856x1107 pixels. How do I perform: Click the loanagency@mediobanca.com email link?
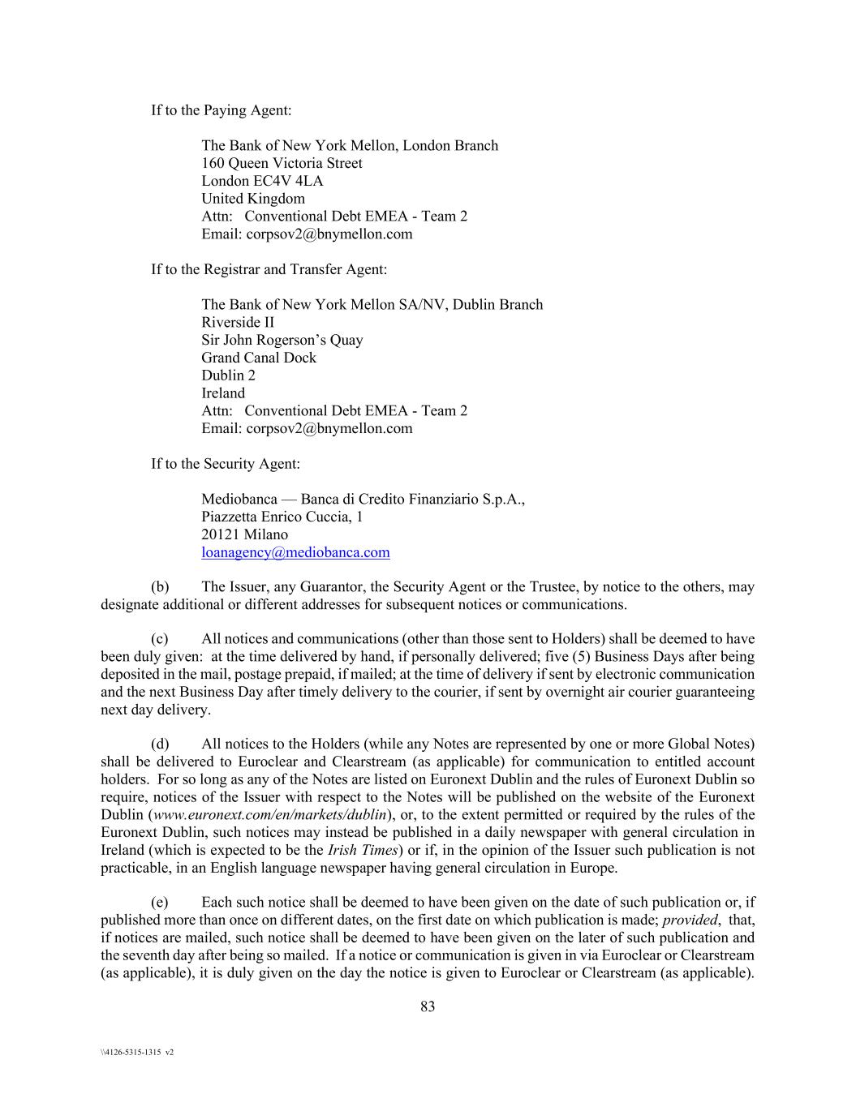coord(295,552)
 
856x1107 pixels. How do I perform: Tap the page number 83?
coord(428,1006)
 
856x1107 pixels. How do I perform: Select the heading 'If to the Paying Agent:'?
coord(221,110)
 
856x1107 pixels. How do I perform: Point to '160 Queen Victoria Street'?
coord(282,163)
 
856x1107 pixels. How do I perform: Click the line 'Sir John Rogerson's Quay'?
coord(282,340)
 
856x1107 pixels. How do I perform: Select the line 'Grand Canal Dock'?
coord(259,358)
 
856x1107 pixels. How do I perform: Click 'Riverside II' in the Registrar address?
coord(238,322)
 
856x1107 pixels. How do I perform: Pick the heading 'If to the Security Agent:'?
coord(226,464)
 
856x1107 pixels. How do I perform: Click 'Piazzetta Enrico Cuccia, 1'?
coord(282,517)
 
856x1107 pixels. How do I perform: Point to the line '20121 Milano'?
coord(244,534)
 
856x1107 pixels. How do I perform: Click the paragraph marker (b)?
coord(160,587)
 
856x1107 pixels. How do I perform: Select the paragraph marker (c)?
coord(160,639)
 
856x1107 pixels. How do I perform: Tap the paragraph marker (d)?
coord(160,744)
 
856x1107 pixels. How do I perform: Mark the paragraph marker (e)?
coord(160,902)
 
